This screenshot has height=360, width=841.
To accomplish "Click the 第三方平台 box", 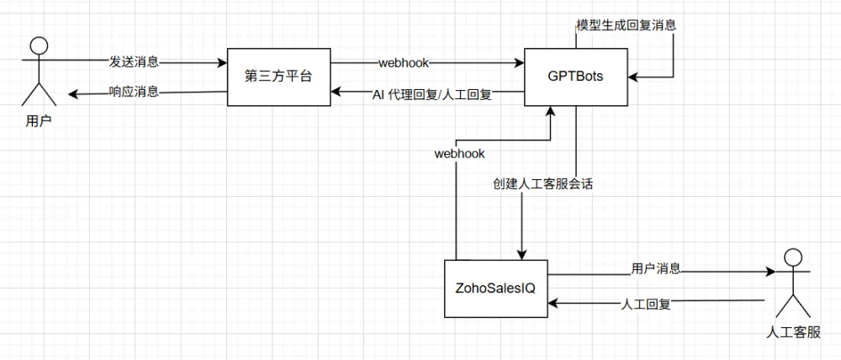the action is click(279, 77).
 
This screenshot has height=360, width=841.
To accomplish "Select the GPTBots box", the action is click(575, 77).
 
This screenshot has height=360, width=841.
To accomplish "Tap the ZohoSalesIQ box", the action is click(495, 289).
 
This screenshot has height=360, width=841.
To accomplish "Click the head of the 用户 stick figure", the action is click(38, 45).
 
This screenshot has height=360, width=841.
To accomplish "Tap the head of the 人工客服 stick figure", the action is click(793, 257).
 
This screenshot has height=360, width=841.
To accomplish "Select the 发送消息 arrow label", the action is click(134, 62).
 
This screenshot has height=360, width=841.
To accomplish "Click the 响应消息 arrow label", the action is click(134, 92).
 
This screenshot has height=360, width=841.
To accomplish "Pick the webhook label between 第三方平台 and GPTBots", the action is click(404, 63).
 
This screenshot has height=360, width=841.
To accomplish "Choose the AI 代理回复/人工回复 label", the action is click(431, 95).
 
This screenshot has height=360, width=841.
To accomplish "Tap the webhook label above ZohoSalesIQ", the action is click(460, 154).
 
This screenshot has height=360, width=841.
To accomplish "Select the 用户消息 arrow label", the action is click(656, 268).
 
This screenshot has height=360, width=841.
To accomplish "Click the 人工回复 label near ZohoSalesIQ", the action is click(645, 304).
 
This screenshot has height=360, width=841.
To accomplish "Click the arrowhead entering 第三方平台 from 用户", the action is click(222, 63).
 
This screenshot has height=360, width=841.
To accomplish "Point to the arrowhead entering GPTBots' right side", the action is click(633, 77).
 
